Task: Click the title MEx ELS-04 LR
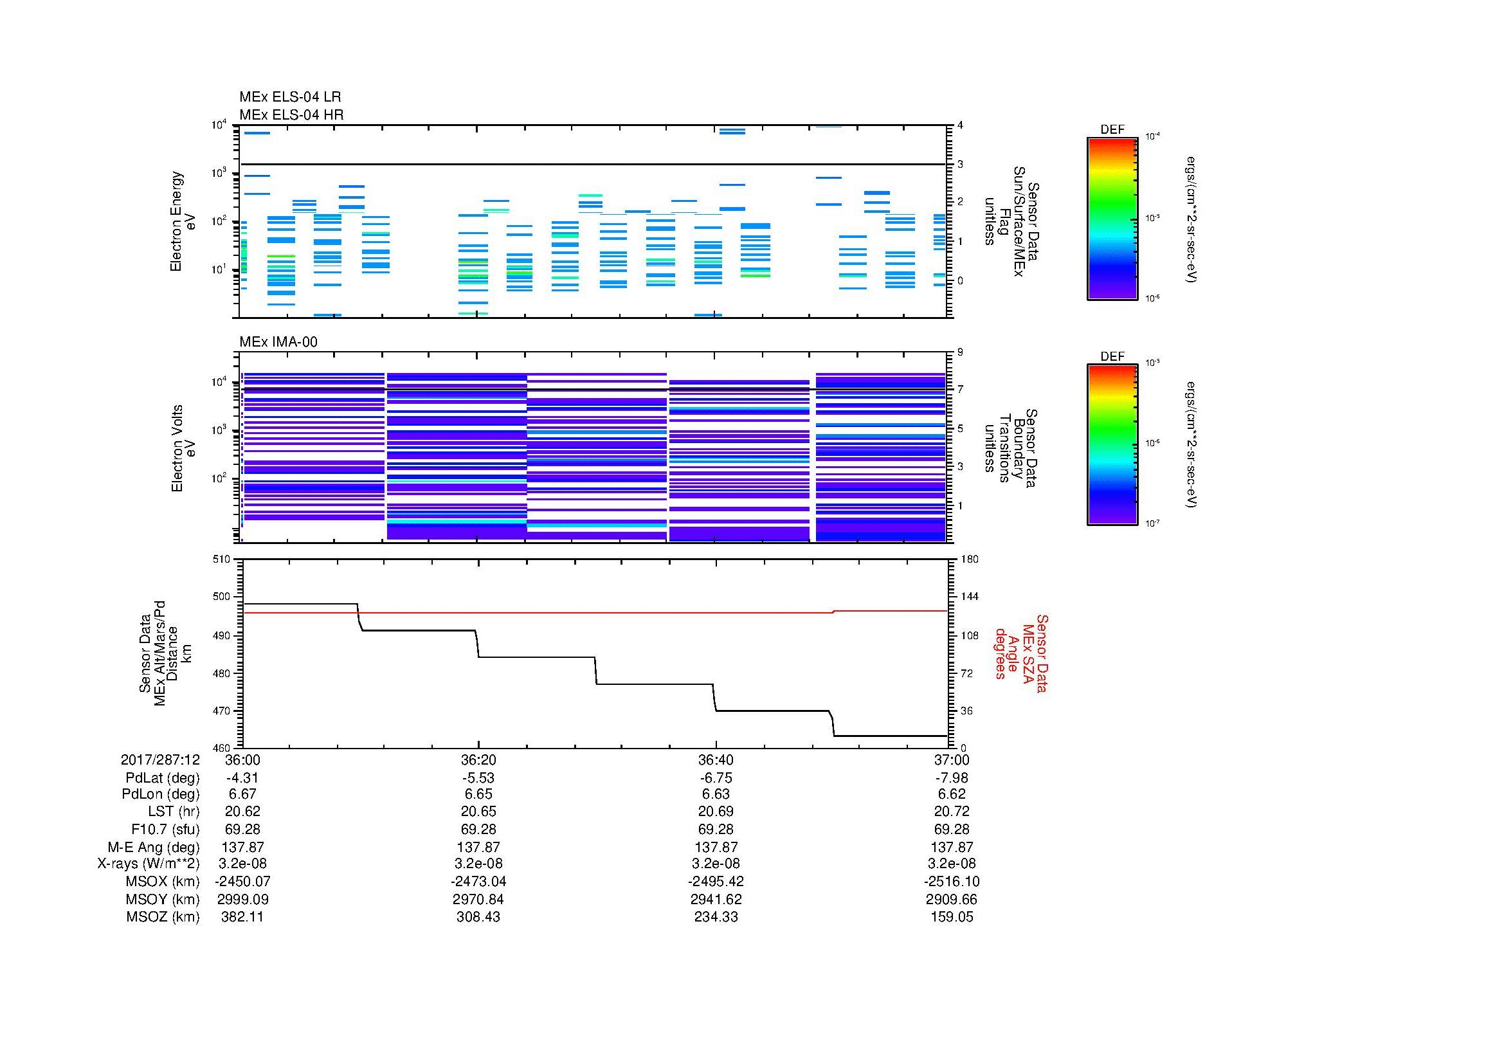coord(289,97)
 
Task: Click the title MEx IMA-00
coord(278,342)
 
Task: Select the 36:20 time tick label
coord(478,759)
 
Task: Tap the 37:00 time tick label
coord(952,759)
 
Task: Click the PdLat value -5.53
coord(478,778)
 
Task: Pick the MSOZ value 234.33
coord(716,917)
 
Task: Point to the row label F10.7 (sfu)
coord(165,829)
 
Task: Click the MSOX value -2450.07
coord(242,882)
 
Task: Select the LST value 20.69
coord(716,812)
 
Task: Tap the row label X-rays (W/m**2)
coord(149,864)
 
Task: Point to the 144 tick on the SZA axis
coord(968,597)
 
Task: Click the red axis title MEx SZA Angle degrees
coord(1020,653)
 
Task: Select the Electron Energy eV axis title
coord(183,221)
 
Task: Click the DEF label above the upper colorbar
coord(1112,130)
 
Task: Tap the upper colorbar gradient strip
coord(1112,218)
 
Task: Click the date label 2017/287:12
coord(160,759)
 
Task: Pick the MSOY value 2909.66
coord(952,899)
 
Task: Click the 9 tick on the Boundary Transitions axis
coord(960,352)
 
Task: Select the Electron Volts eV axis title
coord(184,449)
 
